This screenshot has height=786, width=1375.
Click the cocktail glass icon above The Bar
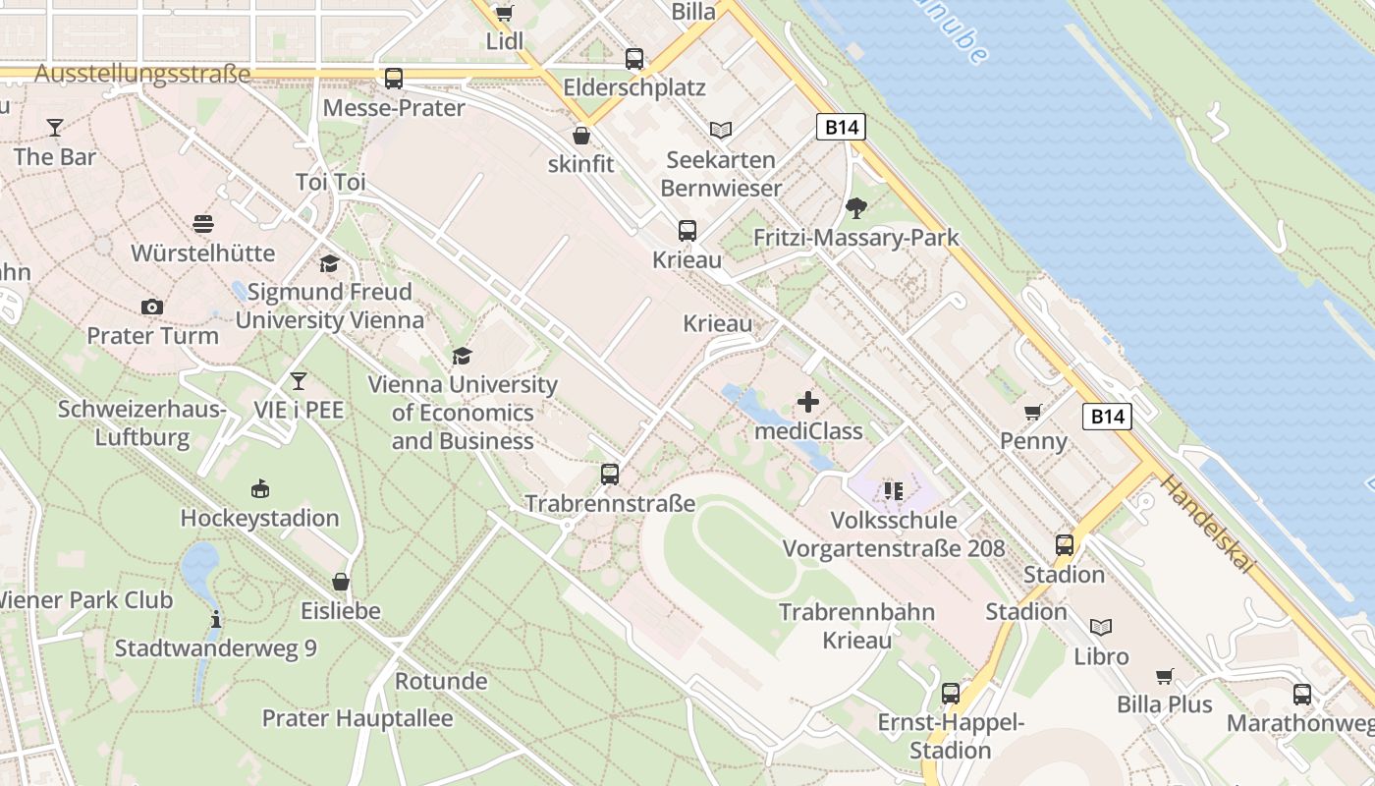pyautogui.click(x=54, y=128)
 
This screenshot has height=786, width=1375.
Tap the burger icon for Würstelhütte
pyautogui.click(x=203, y=224)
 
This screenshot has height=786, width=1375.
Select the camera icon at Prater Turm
pyautogui.click(x=151, y=307)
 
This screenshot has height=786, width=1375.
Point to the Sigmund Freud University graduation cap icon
pyautogui.click(x=329, y=263)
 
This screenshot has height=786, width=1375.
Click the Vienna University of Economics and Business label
pyautogui.click(x=462, y=413)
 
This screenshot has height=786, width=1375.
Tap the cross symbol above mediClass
pyautogui.click(x=808, y=402)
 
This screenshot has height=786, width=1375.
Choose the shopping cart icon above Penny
pyautogui.click(x=1032, y=412)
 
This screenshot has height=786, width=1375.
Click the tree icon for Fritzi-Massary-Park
pyautogui.click(x=856, y=207)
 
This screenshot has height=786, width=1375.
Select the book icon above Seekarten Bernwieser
pyautogui.click(x=721, y=130)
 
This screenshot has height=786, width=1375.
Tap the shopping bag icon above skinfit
pyautogui.click(x=581, y=135)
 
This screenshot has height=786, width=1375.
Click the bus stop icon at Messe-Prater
pyautogui.click(x=394, y=79)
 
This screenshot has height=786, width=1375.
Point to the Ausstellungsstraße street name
pyautogui.click(x=141, y=75)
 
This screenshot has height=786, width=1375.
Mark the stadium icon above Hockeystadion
pyautogui.click(x=259, y=488)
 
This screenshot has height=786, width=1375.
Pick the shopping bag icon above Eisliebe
pyautogui.click(x=341, y=582)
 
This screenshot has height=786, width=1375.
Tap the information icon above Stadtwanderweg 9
pyautogui.click(x=216, y=619)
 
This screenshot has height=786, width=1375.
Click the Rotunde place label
pyautogui.click(x=441, y=681)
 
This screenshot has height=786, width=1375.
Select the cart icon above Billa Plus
pyautogui.click(x=1165, y=676)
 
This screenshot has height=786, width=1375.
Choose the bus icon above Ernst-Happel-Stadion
pyautogui.click(x=950, y=693)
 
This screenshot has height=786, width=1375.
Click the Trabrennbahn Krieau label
pyautogui.click(x=857, y=626)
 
